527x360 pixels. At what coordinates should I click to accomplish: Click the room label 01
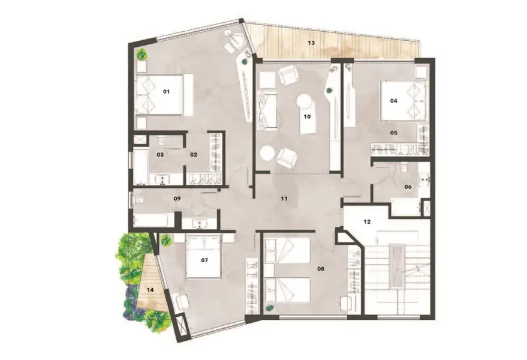pyautogui.click(x=166, y=92)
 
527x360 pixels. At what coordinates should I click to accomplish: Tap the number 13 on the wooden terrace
pyautogui.click(x=312, y=43)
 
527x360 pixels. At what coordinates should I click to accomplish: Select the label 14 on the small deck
pyautogui.click(x=150, y=290)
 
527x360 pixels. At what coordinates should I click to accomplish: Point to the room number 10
pyautogui.click(x=307, y=117)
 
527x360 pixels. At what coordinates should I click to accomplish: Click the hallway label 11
pyautogui.click(x=284, y=199)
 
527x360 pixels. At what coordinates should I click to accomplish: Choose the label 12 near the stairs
pyautogui.click(x=367, y=222)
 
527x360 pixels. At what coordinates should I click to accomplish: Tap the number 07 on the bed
pyautogui.click(x=204, y=260)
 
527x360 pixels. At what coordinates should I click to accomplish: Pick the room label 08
pyautogui.click(x=321, y=269)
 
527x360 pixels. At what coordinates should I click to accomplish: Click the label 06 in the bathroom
pyautogui.click(x=408, y=187)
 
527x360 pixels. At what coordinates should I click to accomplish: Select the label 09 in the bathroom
pyautogui.click(x=177, y=199)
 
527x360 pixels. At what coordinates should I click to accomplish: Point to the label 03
pyautogui.click(x=160, y=154)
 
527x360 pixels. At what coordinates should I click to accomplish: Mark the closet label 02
pyautogui.click(x=193, y=154)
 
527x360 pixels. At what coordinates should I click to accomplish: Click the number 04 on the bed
pyautogui.click(x=393, y=101)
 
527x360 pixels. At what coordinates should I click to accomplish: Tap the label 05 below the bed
pyautogui.click(x=393, y=133)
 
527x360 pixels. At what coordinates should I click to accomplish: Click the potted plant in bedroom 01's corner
pyautogui.click(x=141, y=54)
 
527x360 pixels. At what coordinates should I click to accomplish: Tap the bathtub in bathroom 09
pyautogui.click(x=154, y=220)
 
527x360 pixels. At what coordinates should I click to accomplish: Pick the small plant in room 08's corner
pyautogui.click(x=269, y=308)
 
